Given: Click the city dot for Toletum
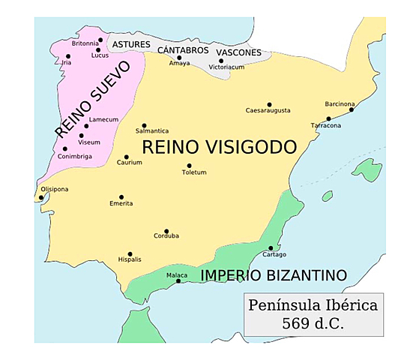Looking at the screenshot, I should tap(189, 166).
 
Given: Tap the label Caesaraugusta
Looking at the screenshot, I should tap(268, 111).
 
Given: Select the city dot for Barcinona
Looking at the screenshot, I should tap(352, 109).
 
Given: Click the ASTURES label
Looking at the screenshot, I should tap(131, 45).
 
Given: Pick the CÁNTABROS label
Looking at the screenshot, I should tap(183, 49).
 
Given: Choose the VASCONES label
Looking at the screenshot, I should tap(238, 52).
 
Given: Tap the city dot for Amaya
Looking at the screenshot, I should tap(178, 57).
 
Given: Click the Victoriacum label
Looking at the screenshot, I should tap(226, 67).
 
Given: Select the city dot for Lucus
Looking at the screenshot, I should tap(98, 50).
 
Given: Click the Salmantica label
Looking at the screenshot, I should tap(152, 131).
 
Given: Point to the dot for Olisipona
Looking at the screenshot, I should tap(41, 197).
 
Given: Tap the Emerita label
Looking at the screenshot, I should tap(121, 204).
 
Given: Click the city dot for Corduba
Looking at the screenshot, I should tap(166, 232).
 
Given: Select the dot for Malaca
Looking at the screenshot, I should tap(178, 281).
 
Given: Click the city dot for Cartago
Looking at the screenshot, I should tap(271, 248).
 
